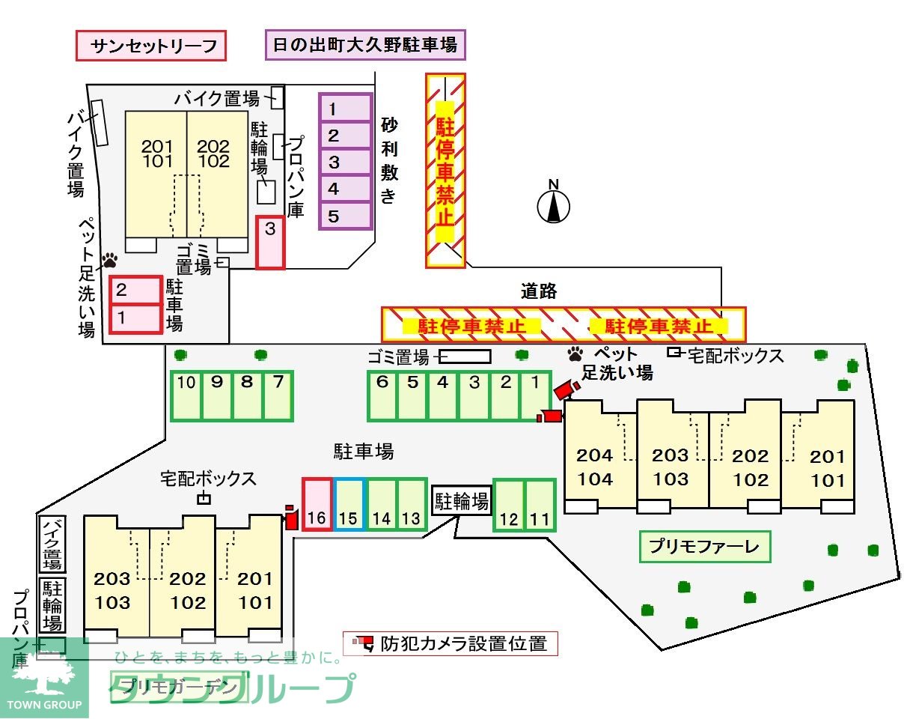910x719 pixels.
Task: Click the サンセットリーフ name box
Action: tap(151, 46)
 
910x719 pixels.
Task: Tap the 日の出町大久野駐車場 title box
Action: tap(365, 45)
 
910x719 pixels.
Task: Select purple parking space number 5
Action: tap(345, 216)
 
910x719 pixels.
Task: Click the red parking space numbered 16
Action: tap(317, 504)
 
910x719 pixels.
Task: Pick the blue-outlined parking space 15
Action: tap(349, 504)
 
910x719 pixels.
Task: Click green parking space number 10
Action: tap(186, 395)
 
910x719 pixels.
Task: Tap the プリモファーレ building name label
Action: tap(704, 547)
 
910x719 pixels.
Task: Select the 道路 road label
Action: tap(539, 291)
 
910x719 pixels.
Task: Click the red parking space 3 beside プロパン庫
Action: tap(270, 242)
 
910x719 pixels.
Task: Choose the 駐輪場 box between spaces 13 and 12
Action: tap(461, 500)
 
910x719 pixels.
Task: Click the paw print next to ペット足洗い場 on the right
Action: tap(575, 353)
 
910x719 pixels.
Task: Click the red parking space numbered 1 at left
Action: tap(135, 318)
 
